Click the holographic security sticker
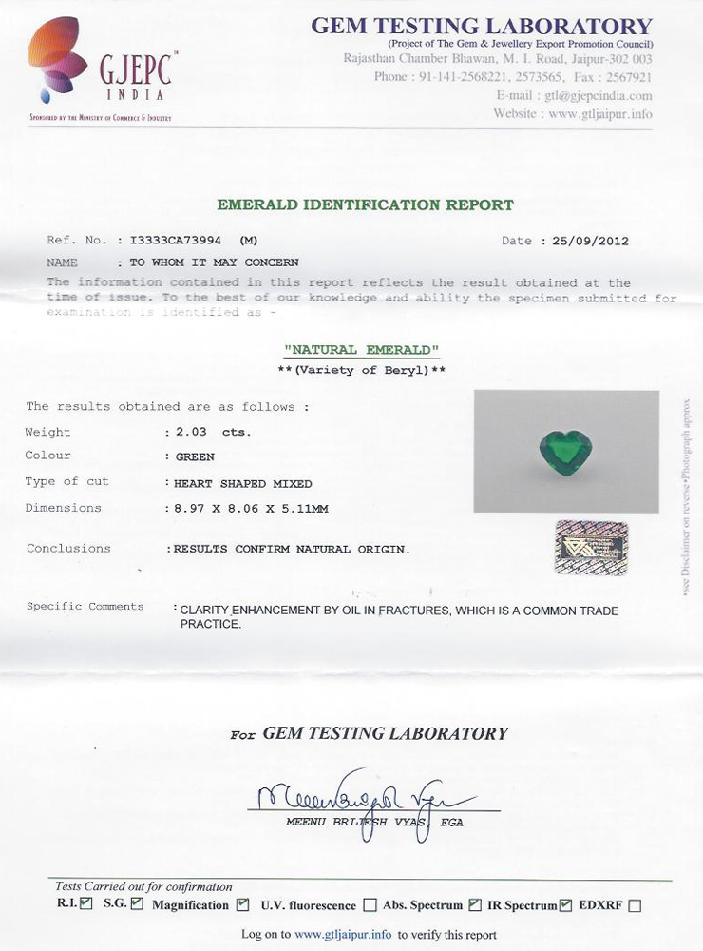591,546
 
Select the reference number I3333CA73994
180,241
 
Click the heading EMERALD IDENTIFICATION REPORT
365,204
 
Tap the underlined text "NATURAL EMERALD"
362,350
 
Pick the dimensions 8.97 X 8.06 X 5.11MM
251,509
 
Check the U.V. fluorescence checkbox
370,905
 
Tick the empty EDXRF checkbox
635,905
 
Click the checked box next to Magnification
242,904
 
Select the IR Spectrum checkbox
567,904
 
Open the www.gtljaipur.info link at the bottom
343,935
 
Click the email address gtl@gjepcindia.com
598,96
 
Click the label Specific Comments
85,607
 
